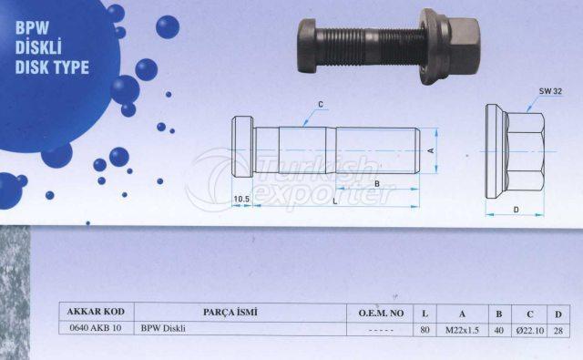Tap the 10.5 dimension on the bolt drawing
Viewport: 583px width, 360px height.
[x=241, y=198]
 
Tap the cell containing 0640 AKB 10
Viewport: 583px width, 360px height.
[x=95, y=328]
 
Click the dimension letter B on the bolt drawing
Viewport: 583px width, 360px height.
[x=377, y=181]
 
